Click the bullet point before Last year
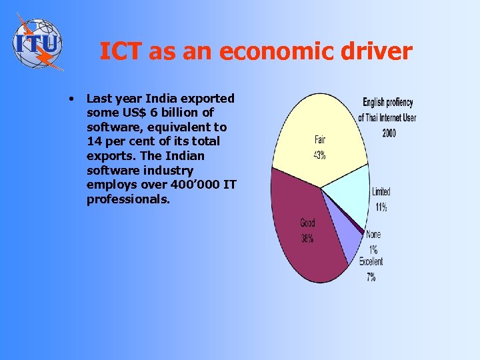coord(70,99)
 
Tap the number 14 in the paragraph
coord(95,141)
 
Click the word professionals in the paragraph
coord(128,199)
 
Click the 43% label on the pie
coord(320,155)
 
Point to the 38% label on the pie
coord(307,238)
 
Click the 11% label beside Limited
coord(381,207)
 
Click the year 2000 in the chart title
coord(389,133)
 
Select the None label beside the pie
coord(373,235)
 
